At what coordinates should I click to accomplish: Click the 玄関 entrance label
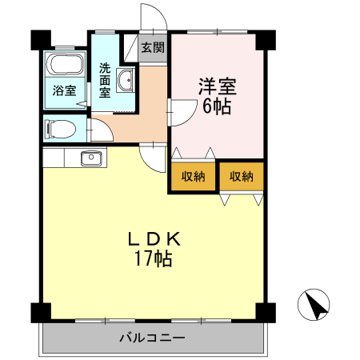(x=154, y=47)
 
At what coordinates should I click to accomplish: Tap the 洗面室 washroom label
(x=105, y=79)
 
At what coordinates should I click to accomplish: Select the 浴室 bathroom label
(x=65, y=90)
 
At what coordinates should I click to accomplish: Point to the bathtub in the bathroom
(x=64, y=66)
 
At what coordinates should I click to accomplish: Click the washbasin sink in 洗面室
(x=126, y=81)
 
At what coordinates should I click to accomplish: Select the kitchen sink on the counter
(x=90, y=157)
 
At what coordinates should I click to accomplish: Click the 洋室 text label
(x=217, y=86)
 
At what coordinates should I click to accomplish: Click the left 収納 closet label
(x=193, y=177)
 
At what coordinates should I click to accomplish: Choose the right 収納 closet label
(x=242, y=177)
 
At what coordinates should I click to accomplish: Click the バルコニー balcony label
(x=152, y=338)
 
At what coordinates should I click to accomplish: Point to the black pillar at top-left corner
(x=40, y=38)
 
